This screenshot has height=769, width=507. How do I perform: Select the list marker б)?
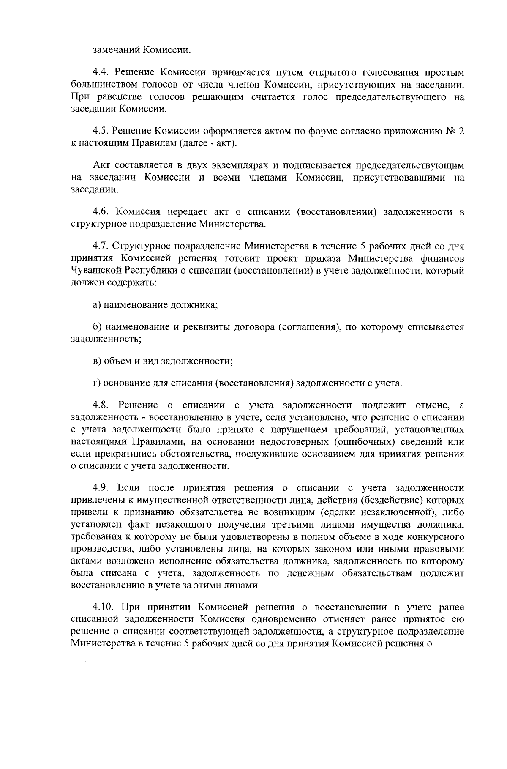tap(97, 327)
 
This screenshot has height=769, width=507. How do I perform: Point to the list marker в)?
tap(97, 361)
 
